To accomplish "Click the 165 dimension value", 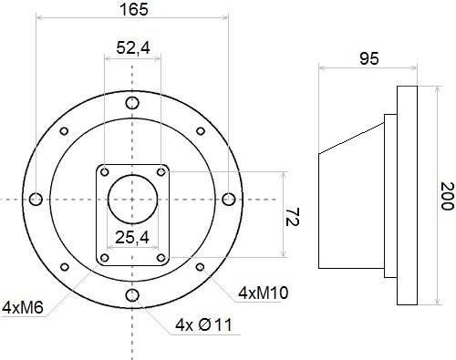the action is coord(134,9).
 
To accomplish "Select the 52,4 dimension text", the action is coord(133,47).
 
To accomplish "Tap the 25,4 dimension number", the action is coord(132,237).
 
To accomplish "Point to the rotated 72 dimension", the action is coord(293,217).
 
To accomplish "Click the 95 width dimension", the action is coord(369,58).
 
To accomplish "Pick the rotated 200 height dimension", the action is coord(447,196).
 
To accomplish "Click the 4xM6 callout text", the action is coord(23,307).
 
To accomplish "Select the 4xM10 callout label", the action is coord(264,293).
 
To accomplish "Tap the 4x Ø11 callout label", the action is coord(203,325).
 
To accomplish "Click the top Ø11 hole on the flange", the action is coord(132,103).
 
